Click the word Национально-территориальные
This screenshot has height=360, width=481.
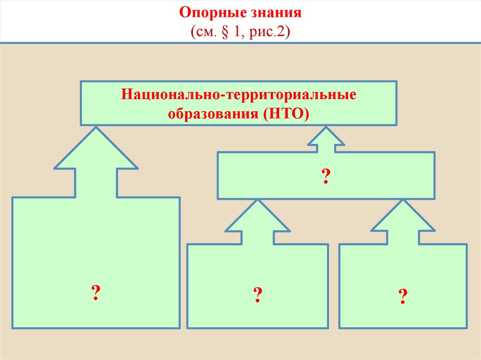click(239, 95)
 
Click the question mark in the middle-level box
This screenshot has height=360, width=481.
click(325, 176)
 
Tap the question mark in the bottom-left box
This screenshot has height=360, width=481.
click(95, 293)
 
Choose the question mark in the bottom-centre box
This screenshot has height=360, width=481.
click(257, 295)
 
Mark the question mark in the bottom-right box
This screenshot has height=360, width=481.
click(403, 297)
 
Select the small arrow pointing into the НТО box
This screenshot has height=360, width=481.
click(326, 138)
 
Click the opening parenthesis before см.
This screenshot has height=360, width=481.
click(193, 33)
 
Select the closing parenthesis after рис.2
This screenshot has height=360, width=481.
click(288, 33)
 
